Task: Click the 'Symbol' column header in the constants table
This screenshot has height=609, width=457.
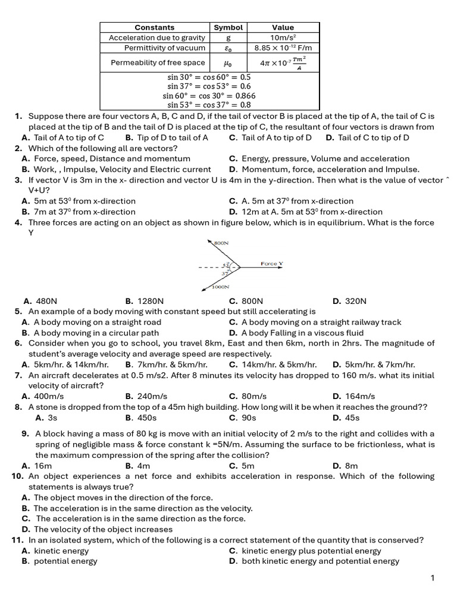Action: point(228,27)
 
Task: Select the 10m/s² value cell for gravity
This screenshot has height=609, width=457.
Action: point(283,37)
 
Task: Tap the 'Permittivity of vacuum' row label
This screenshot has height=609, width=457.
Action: point(165,48)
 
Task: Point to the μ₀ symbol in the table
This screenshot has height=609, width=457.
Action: point(227,62)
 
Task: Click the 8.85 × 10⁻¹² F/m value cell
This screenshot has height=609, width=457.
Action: point(283,48)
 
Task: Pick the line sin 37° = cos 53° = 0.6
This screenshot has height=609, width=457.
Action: point(209,86)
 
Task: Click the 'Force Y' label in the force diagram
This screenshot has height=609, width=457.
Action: point(272,263)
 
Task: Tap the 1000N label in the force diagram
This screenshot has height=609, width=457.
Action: point(221,287)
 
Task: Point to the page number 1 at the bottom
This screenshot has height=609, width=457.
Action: point(433,577)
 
